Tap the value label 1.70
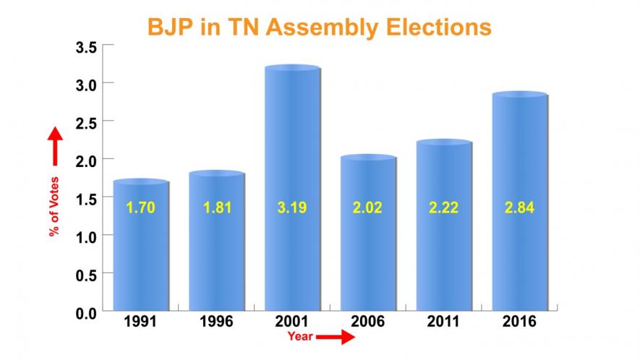point(141,209)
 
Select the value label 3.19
point(292,209)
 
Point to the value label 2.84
point(519,209)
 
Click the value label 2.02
point(368,209)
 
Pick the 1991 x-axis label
point(140,322)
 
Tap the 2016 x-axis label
point(519,322)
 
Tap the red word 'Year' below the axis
point(299,337)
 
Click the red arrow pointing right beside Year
point(336,337)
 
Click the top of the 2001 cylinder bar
point(292,69)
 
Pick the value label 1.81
point(216,209)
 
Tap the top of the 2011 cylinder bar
point(444,142)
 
